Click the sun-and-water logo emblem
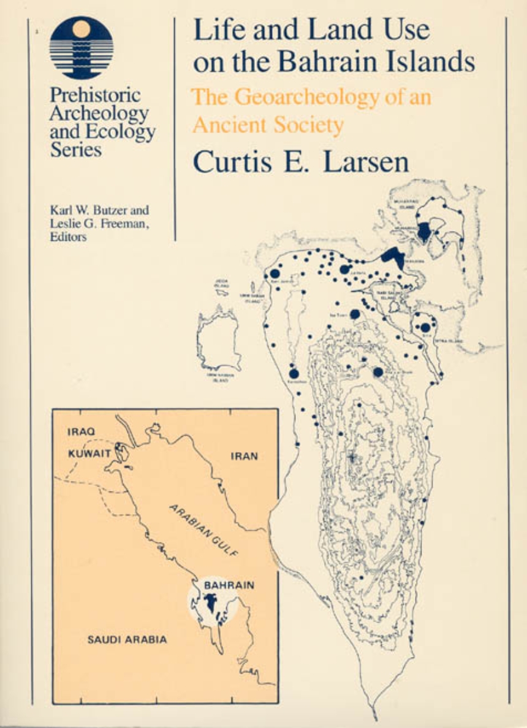(81, 47)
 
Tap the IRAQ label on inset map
(80, 431)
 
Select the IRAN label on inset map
(245, 456)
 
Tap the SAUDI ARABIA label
(127, 639)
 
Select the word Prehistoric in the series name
(95, 95)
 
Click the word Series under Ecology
(75, 150)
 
